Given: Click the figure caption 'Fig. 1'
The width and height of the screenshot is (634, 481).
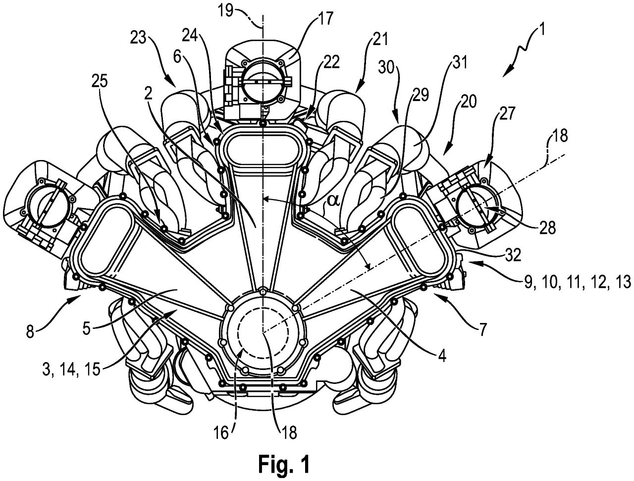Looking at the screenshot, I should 284,464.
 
